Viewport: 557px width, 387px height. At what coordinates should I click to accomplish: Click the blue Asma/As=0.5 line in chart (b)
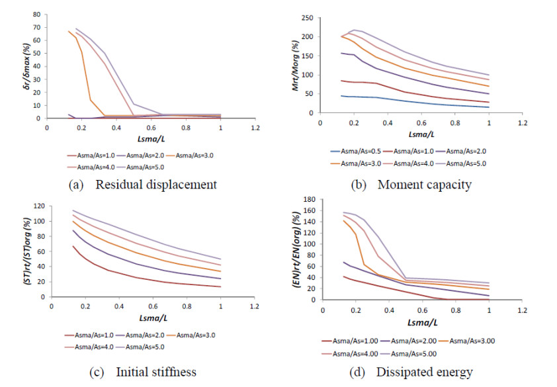(397, 101)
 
